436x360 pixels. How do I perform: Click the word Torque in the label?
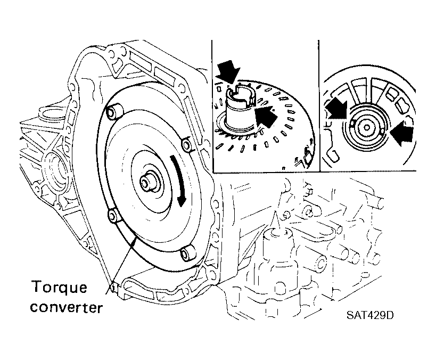coord(60,288)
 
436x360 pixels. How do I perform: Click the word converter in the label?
coord(67,307)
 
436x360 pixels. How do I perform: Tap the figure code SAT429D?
coord(370,315)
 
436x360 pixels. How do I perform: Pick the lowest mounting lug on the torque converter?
coord(188,253)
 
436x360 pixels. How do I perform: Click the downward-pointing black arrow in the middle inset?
coord(228,72)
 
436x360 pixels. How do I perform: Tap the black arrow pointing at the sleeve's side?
coord(266,115)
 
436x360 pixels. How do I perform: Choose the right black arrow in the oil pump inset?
coord(401,133)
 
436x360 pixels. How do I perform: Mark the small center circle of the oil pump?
coord(367,128)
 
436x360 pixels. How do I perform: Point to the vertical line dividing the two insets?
coord(319,106)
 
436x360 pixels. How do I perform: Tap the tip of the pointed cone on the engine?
coord(275,211)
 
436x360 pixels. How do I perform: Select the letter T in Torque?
coord(38,287)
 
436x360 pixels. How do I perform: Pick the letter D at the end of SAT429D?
coord(390,315)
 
